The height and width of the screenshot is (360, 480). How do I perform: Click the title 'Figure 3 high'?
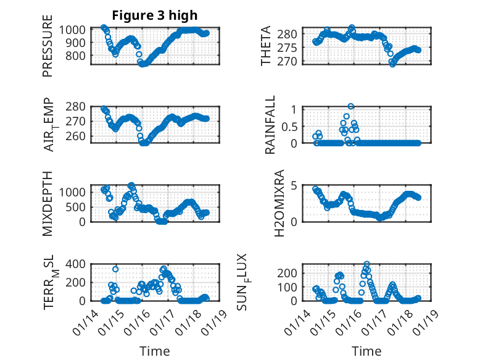[x=154, y=15]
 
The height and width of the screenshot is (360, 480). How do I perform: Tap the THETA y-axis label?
[x=266, y=46]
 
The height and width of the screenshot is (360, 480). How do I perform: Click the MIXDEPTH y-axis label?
[x=48, y=203]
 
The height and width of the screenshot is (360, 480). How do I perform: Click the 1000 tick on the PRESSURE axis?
[x=78, y=30]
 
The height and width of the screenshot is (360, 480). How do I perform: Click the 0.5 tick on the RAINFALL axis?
[x=291, y=126]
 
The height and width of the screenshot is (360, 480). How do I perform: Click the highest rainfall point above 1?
[x=351, y=106]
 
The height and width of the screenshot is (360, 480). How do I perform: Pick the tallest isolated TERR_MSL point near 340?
[x=115, y=269]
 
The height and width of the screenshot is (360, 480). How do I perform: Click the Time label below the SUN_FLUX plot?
[x=366, y=351]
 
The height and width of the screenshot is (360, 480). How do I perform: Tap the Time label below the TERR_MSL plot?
[x=154, y=351]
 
